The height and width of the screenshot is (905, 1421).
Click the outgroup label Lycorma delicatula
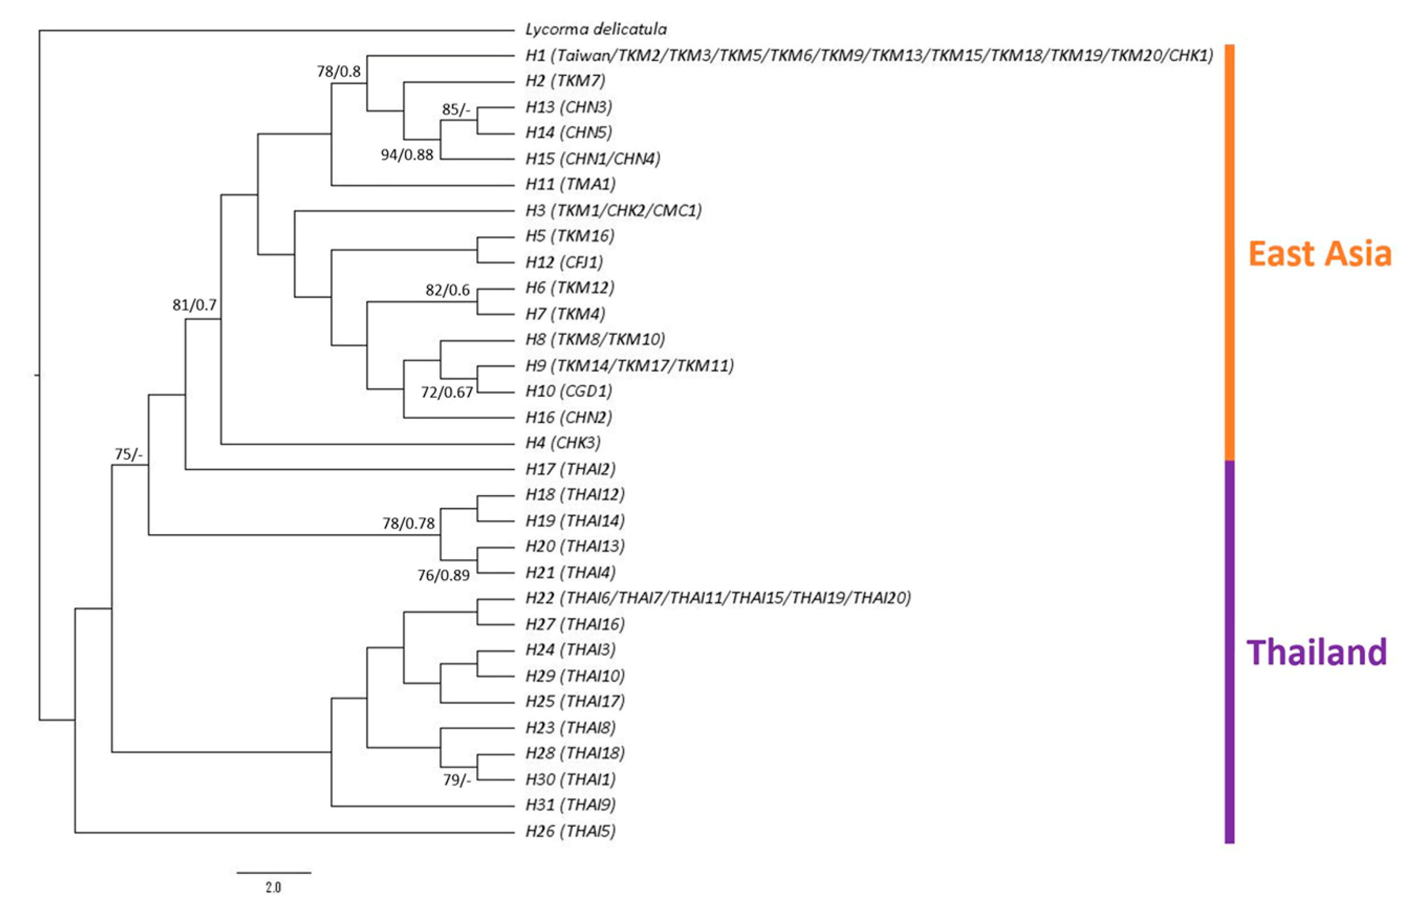596,29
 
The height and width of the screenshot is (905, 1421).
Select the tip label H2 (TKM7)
565,81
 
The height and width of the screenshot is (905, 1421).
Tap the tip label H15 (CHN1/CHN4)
592,159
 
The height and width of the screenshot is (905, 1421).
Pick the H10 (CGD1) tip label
568,391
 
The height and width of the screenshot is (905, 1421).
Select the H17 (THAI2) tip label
570,469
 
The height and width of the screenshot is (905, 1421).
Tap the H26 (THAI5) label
570,831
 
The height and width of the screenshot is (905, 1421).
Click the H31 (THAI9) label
570,805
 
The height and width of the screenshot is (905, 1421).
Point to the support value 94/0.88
406,155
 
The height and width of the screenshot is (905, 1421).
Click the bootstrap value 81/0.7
194,305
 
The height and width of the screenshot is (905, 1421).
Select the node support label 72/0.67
447,392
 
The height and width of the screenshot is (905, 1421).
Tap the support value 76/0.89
443,575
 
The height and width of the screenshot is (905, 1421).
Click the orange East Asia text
1319,254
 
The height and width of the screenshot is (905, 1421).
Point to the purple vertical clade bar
1229,652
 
